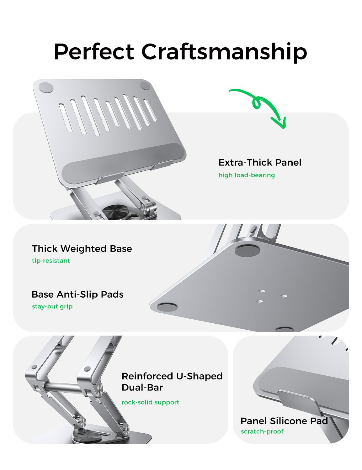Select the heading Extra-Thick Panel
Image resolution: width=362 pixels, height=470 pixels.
[260, 163]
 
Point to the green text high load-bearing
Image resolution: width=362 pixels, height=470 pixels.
[247, 175]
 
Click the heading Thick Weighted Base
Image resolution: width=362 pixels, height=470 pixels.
[82, 249]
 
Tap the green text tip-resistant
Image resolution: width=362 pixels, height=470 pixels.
[51, 261]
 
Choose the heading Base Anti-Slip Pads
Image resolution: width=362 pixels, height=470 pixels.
[77, 295]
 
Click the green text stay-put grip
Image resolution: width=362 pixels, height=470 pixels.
[52, 307]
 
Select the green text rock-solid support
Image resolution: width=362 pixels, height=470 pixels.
[150, 402]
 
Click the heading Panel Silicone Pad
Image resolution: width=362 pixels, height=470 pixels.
[284, 421]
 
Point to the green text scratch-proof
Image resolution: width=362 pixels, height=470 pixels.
[262, 431]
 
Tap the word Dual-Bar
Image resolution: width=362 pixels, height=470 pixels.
[142, 387]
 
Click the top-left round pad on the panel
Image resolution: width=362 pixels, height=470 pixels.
[46, 88]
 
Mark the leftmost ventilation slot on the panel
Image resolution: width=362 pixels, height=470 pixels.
[66, 118]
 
